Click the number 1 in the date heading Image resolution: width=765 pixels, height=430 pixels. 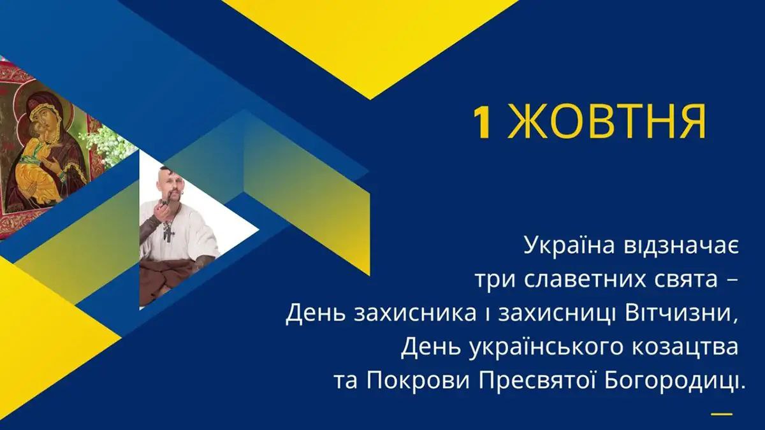(x=482, y=123)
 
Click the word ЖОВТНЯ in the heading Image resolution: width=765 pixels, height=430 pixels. (x=606, y=123)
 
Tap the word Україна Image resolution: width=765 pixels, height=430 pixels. (x=570, y=246)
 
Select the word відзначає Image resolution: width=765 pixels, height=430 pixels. (x=681, y=246)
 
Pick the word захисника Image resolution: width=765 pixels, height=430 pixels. (x=415, y=314)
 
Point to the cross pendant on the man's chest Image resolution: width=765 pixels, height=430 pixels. (x=169, y=234)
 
